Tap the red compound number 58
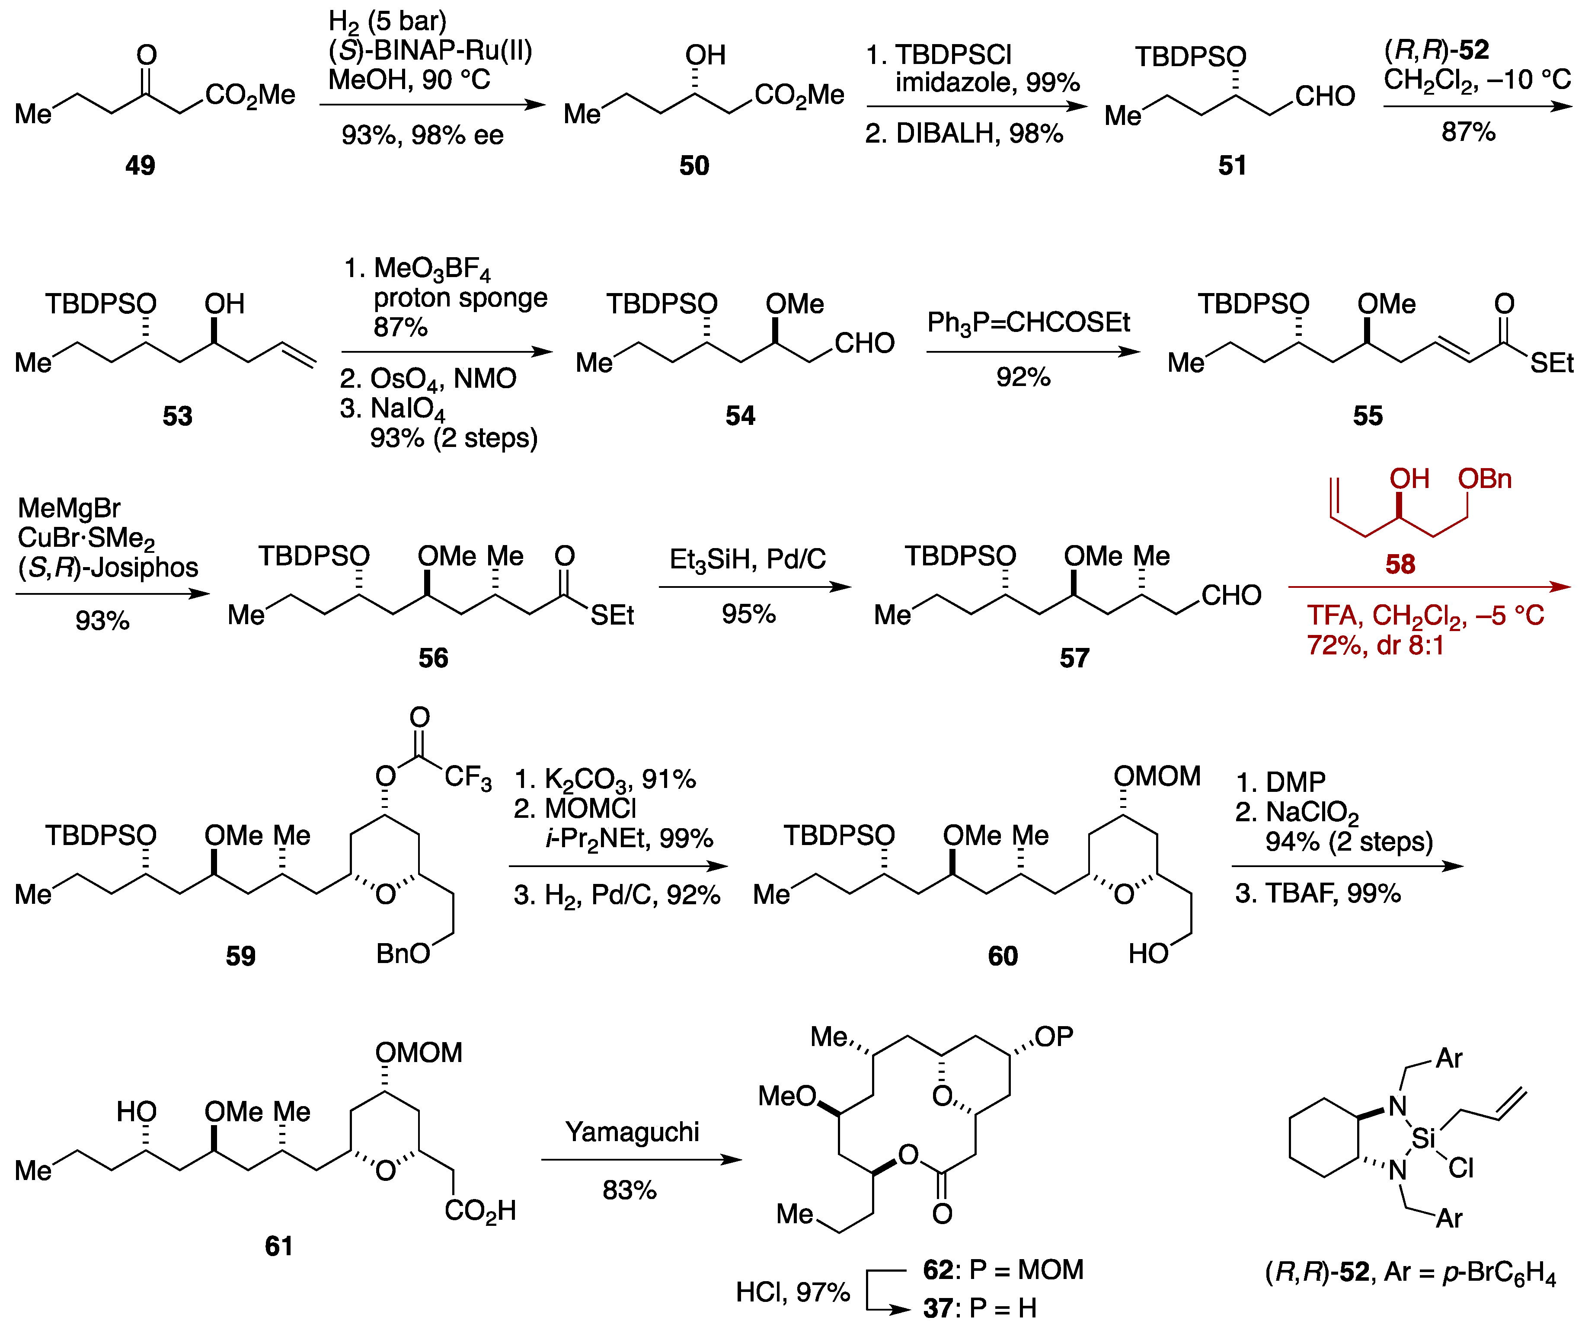1400,564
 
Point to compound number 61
278,1246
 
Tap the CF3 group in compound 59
467,777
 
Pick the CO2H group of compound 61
480,1211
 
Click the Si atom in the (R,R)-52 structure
1423,1138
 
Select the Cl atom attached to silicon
1461,1169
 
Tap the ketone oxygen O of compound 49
147,55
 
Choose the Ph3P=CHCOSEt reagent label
1028,323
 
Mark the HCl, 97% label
792,1292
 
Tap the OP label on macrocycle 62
1054,1037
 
